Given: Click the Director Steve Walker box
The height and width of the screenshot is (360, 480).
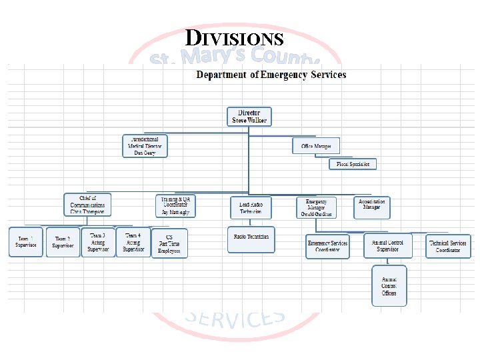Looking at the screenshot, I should (249, 117).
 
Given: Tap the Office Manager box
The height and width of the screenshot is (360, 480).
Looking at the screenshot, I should (316, 146).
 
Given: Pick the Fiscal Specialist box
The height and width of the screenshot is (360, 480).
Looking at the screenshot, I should (353, 163).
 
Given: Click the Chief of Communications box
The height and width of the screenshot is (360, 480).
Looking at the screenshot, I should (87, 205).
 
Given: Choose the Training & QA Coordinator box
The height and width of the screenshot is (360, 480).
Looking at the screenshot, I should (176, 206).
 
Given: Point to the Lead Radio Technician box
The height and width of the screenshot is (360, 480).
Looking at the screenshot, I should (251, 207).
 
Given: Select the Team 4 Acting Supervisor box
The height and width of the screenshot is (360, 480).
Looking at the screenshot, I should (133, 241).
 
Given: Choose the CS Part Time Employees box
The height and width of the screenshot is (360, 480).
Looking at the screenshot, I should (169, 243).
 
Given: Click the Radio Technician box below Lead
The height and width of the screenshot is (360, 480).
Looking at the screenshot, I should (251, 239).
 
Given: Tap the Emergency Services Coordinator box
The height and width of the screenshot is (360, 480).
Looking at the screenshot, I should (327, 246).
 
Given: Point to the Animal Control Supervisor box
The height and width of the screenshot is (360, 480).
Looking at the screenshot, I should (388, 246).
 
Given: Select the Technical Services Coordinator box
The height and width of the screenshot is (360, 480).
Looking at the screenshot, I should (448, 246).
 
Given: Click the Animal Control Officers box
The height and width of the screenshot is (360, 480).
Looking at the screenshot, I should (389, 286).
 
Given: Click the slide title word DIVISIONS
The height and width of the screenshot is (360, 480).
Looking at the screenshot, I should (234, 38).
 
